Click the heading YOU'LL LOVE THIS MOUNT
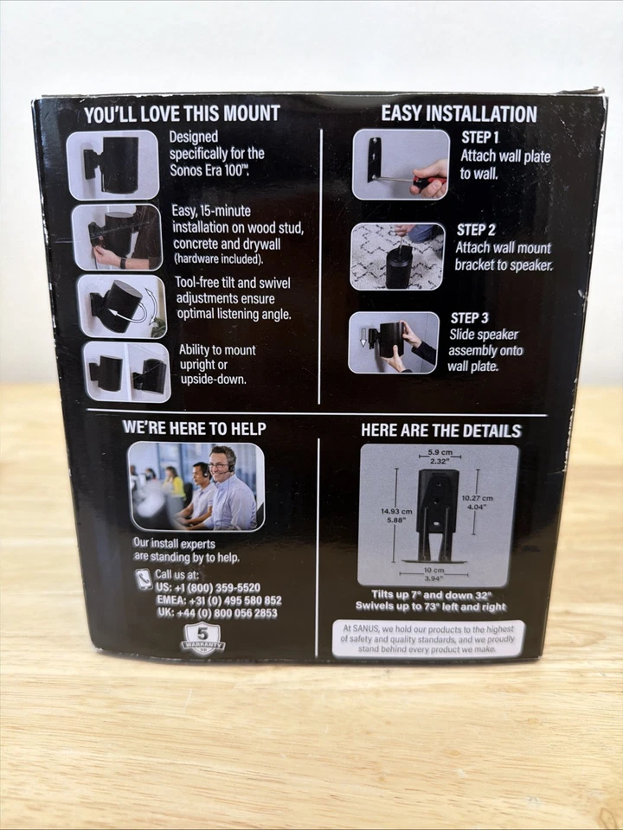tap(182, 113)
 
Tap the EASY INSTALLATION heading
tap(459, 113)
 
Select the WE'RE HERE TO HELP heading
tap(194, 428)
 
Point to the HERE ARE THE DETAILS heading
tap(440, 431)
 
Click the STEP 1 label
tap(481, 138)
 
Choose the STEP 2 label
tap(476, 230)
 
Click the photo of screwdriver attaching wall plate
tap(401, 164)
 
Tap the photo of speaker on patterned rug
tap(397, 256)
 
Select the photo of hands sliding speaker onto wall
tap(393, 342)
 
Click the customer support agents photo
tap(196, 486)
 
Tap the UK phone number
tap(216, 613)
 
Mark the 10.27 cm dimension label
tap(477, 503)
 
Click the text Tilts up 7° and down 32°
tap(437, 594)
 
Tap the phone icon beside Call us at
tap(144, 579)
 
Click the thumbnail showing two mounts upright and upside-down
tap(126, 372)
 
